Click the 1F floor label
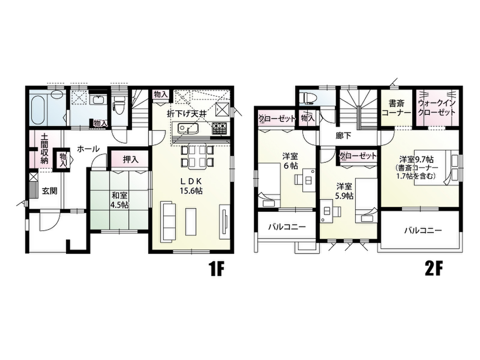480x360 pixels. (x=216, y=269)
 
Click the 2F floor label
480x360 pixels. (x=434, y=269)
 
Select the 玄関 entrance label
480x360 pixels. (x=49, y=191)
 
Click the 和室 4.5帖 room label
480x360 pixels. (x=120, y=200)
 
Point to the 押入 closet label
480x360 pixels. (x=131, y=159)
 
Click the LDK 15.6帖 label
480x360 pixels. (x=191, y=185)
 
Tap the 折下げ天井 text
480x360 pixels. (x=187, y=113)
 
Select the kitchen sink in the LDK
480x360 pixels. (x=185, y=128)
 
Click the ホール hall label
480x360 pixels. (x=88, y=149)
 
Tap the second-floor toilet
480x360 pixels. (x=308, y=98)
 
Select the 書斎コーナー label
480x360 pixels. (x=397, y=108)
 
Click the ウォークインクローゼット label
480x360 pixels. (x=437, y=108)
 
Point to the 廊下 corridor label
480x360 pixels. (x=343, y=135)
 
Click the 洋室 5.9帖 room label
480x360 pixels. (x=345, y=191)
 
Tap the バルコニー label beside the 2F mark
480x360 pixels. (x=423, y=230)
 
